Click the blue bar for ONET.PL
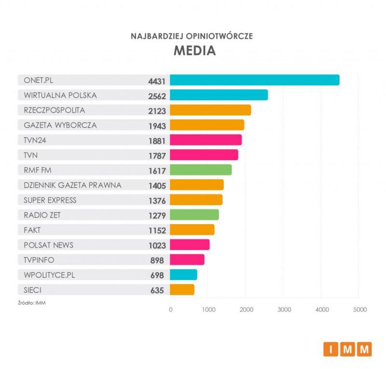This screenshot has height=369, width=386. coord(254,80)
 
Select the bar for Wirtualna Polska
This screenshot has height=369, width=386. coord(219,95)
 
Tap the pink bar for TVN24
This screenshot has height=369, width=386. coord(206,140)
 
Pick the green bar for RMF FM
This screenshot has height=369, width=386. coord(201,170)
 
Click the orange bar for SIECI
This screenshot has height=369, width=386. coord(182,289)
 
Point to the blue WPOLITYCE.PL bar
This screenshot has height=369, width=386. coord(183,274)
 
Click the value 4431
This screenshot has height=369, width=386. coord(157,81)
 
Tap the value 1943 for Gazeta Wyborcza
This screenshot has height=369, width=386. coord(157,126)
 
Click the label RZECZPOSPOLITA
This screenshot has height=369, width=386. coord(54,110)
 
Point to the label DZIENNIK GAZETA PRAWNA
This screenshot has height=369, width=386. coord(72,185)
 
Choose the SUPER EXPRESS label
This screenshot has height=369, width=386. coord(50,200)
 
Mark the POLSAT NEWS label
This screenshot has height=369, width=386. coord(49,245)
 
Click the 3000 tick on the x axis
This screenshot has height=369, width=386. coord(284,309)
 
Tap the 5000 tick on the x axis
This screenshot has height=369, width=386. coord(359,309)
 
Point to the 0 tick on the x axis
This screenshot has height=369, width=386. coord(170,309)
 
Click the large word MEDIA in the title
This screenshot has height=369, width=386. coord(194,51)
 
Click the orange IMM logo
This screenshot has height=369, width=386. coord(347,349)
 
